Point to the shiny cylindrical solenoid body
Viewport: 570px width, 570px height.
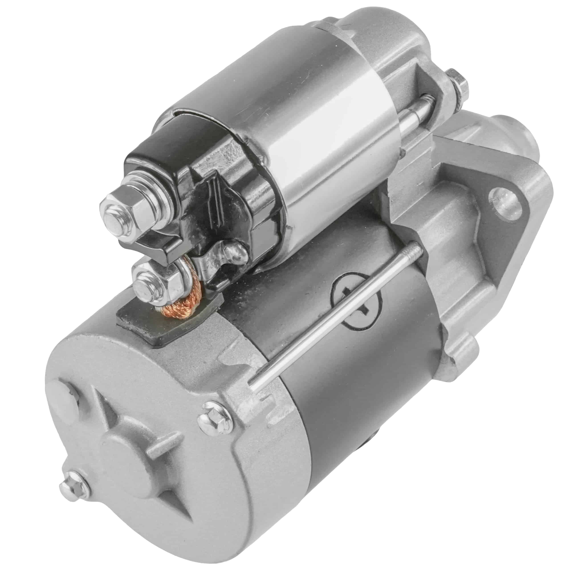tap(295, 133)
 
